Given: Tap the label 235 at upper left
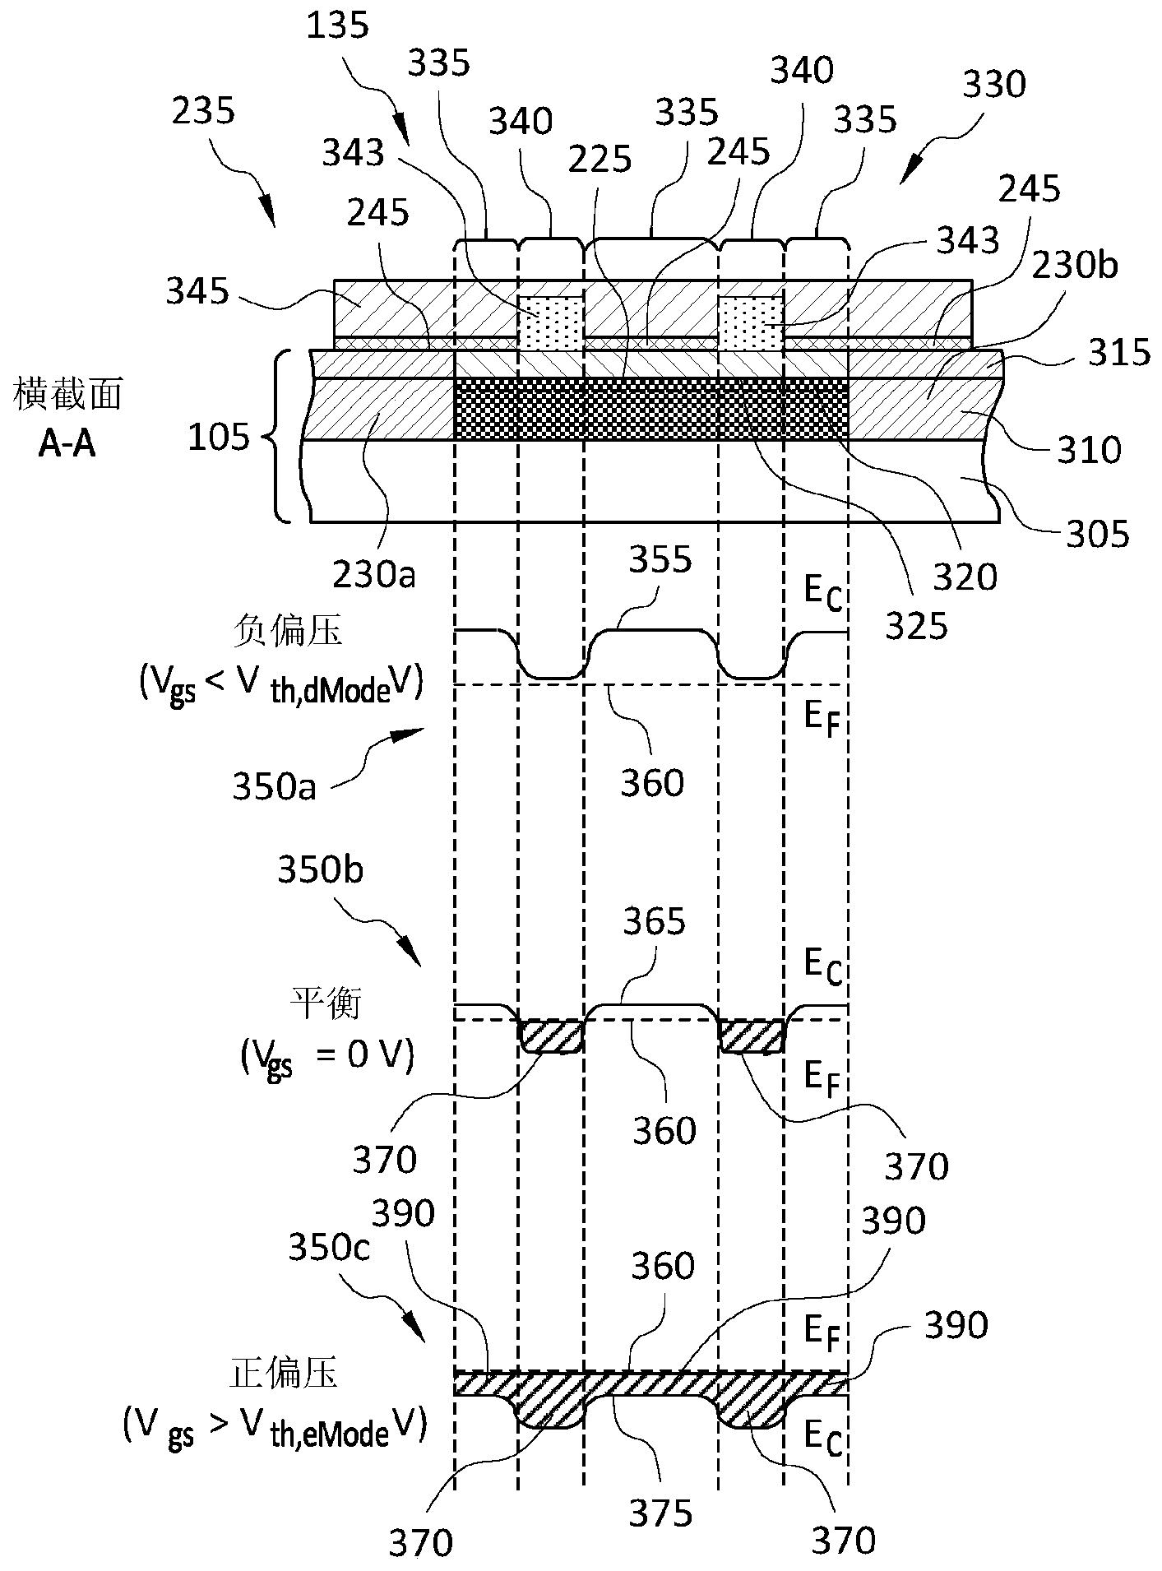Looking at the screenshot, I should [x=203, y=110].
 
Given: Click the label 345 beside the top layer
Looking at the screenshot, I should [x=197, y=291].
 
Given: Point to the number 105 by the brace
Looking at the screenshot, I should [x=218, y=438].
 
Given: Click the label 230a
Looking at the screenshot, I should [x=374, y=573].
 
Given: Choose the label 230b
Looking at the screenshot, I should [x=1076, y=266].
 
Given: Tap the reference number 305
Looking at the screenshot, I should [x=1097, y=535].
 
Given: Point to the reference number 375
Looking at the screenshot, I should [x=660, y=1513].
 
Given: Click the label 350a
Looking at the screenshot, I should [x=274, y=786].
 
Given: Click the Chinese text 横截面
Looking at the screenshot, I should [x=67, y=396].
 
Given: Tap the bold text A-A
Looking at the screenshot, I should [x=67, y=445].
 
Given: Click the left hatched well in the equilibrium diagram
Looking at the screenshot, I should [x=552, y=1036].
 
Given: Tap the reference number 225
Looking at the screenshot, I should [x=600, y=160].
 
